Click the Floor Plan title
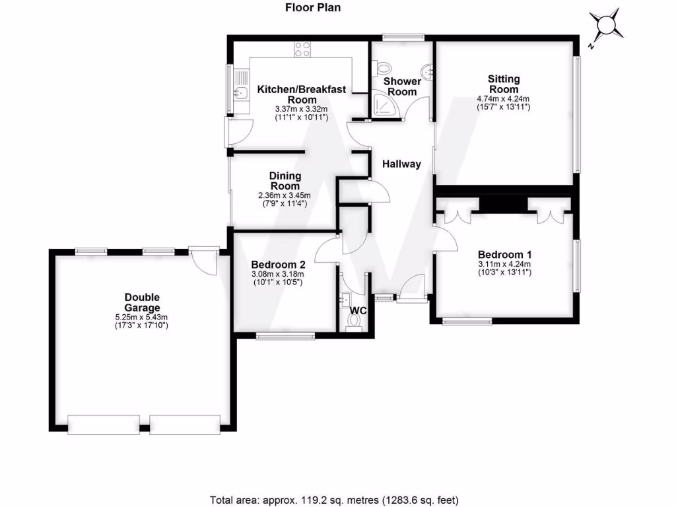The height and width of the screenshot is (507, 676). pos(313,8)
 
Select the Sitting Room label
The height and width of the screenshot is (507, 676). pos(503,84)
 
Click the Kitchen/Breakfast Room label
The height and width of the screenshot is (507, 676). pos(301,94)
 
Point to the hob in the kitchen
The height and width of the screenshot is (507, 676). pos(302,48)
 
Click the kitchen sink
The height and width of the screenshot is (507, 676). pos(242,93)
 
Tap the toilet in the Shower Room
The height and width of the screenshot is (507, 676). pos(382,67)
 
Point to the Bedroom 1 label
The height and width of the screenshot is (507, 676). pos(505,254)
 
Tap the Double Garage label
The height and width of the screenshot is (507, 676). pos(142,302)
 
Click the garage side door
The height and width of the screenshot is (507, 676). pos(204,260)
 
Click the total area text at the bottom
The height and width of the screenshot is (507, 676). pos(334,500)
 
